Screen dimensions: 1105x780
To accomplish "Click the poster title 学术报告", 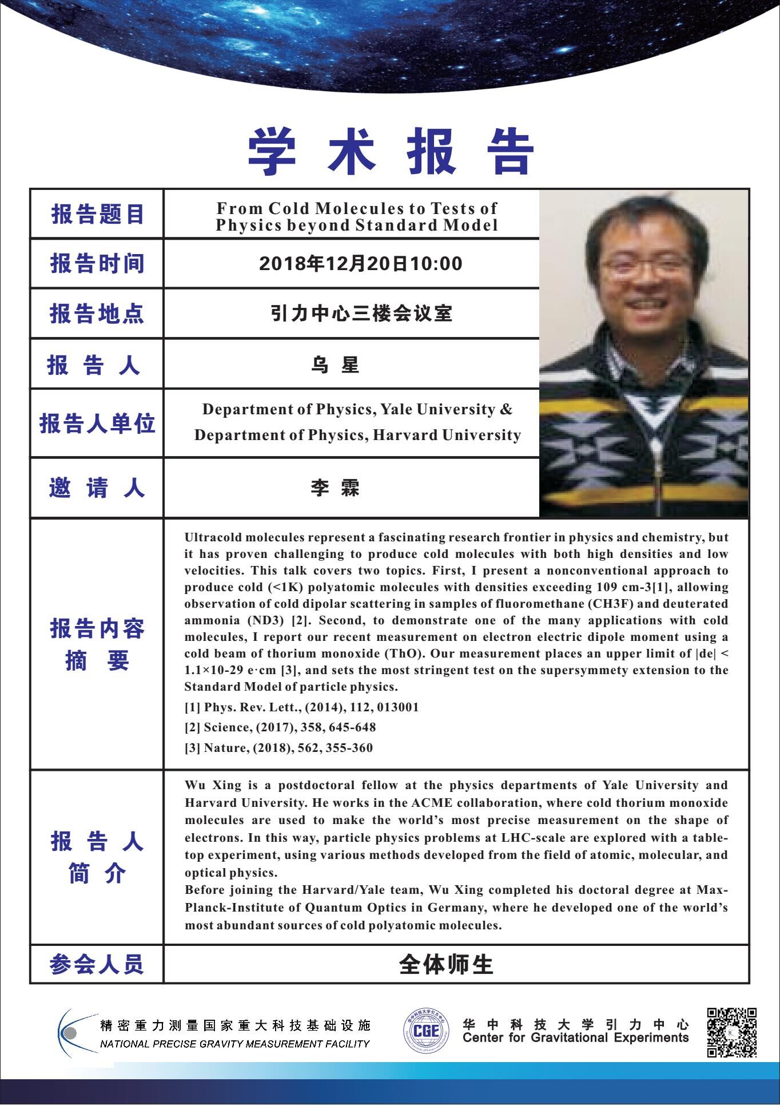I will (391, 152).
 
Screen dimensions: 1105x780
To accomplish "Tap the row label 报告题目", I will (97, 215).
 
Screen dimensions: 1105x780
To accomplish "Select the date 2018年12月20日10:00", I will (360, 264).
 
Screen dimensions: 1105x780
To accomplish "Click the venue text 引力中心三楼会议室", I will (361, 314).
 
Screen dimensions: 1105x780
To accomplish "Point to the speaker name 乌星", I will (335, 365).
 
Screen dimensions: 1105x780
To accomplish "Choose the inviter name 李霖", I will (335, 488).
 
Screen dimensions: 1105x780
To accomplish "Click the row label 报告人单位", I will (97, 424).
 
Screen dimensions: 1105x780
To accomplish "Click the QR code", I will (732, 1032).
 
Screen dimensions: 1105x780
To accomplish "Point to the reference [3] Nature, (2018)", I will (278, 748).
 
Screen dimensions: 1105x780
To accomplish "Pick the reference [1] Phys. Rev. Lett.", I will (301, 707).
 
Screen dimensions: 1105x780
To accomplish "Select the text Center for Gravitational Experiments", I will (576, 1038).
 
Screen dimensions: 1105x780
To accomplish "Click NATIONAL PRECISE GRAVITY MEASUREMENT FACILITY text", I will (234, 1044).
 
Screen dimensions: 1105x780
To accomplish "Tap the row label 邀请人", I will (97, 488).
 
